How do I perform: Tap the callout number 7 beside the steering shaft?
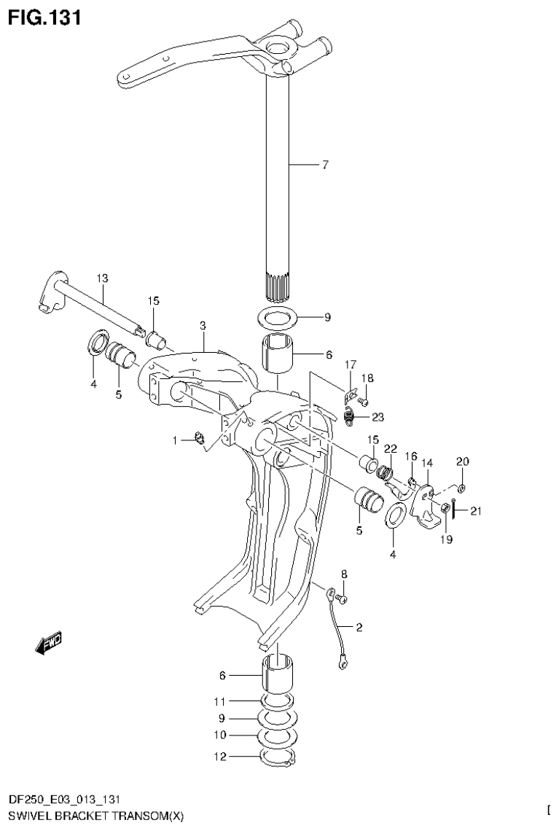[325, 165]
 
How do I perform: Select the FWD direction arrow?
[49, 641]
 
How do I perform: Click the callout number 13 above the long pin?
[101, 278]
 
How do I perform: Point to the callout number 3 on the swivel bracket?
[203, 324]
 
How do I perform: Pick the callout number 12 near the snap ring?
[220, 757]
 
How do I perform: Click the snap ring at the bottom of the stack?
[277, 758]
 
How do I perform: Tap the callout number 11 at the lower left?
[220, 701]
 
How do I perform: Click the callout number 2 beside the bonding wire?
[359, 626]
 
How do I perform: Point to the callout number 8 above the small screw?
[344, 574]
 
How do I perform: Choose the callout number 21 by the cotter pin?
[475, 511]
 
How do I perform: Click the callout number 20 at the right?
[463, 461]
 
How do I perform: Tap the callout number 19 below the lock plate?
[445, 540]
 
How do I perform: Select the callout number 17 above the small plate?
[350, 364]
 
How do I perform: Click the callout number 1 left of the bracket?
[175, 440]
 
